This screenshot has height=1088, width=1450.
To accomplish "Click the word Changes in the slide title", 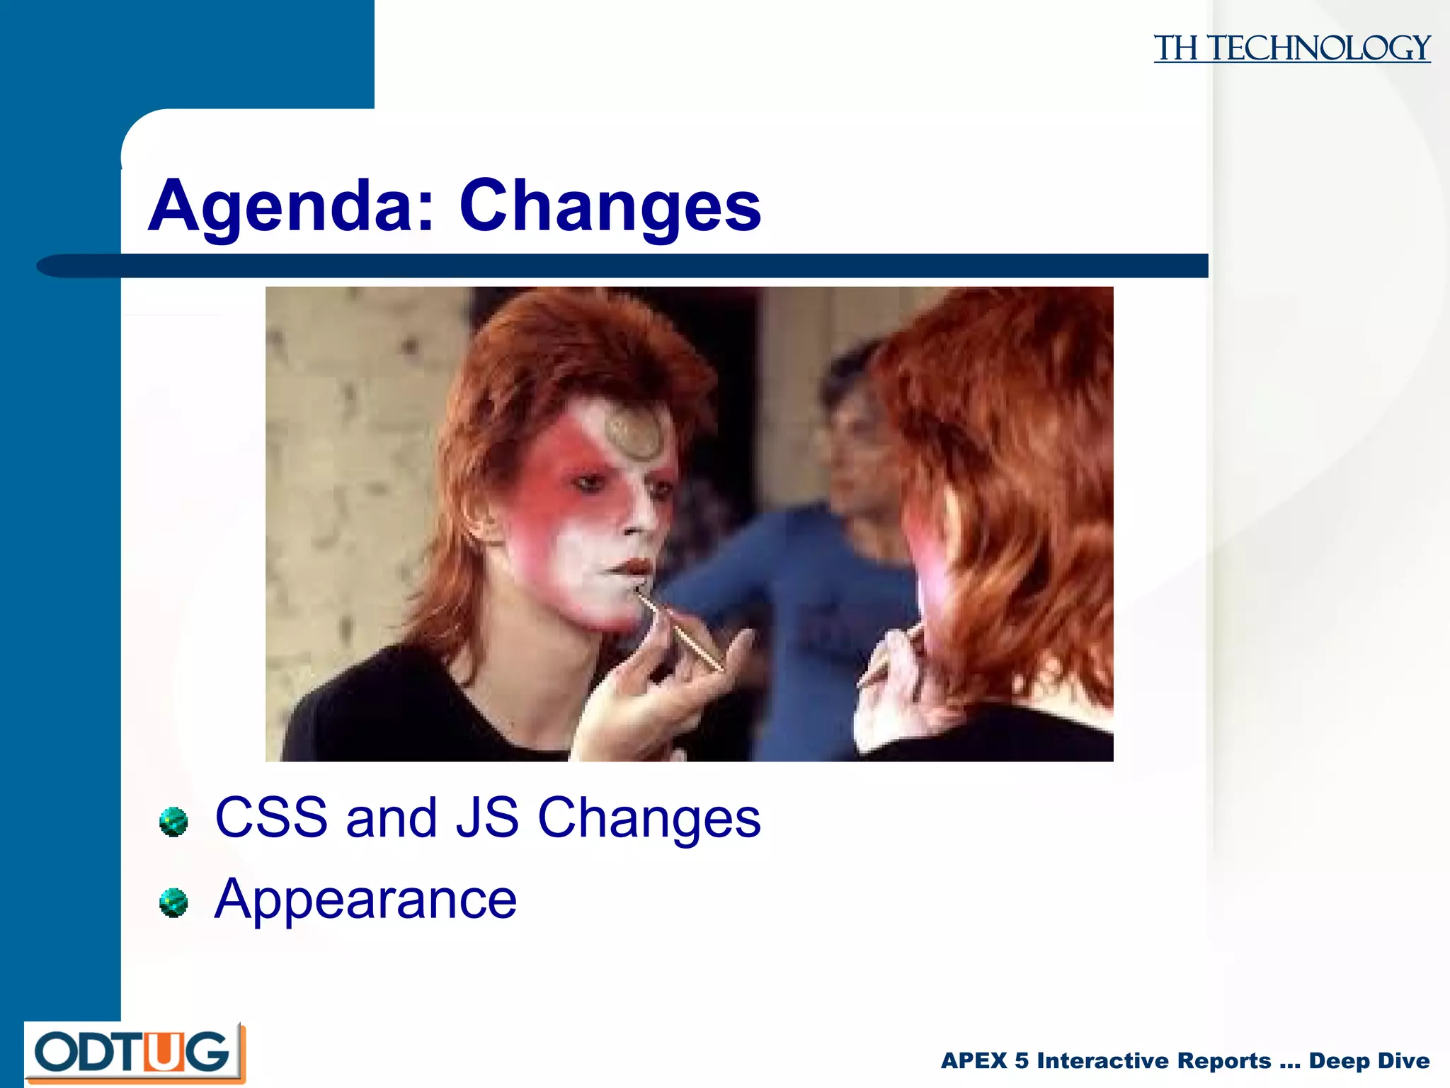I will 610,207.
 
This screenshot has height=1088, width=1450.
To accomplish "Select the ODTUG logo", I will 135,1053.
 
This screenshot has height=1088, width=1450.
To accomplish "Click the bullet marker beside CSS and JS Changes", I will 173,822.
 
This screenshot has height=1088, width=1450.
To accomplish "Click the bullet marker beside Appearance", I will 173,903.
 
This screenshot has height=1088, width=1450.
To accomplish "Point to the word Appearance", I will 365,900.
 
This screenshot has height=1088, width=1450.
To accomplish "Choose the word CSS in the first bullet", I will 271,817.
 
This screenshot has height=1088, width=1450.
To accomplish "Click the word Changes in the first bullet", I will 649,819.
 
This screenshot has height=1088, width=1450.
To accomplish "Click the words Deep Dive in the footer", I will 1369,1060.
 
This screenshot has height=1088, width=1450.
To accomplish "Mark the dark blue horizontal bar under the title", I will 623,266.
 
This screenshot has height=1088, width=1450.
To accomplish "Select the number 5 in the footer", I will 1022,1060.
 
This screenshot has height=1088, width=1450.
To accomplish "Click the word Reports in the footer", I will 1225,1060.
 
